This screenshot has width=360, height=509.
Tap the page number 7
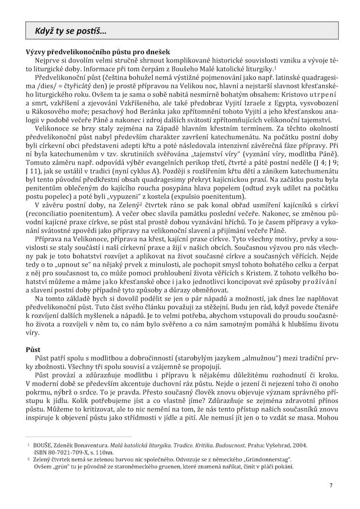pyautogui.click(x=331, y=485)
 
